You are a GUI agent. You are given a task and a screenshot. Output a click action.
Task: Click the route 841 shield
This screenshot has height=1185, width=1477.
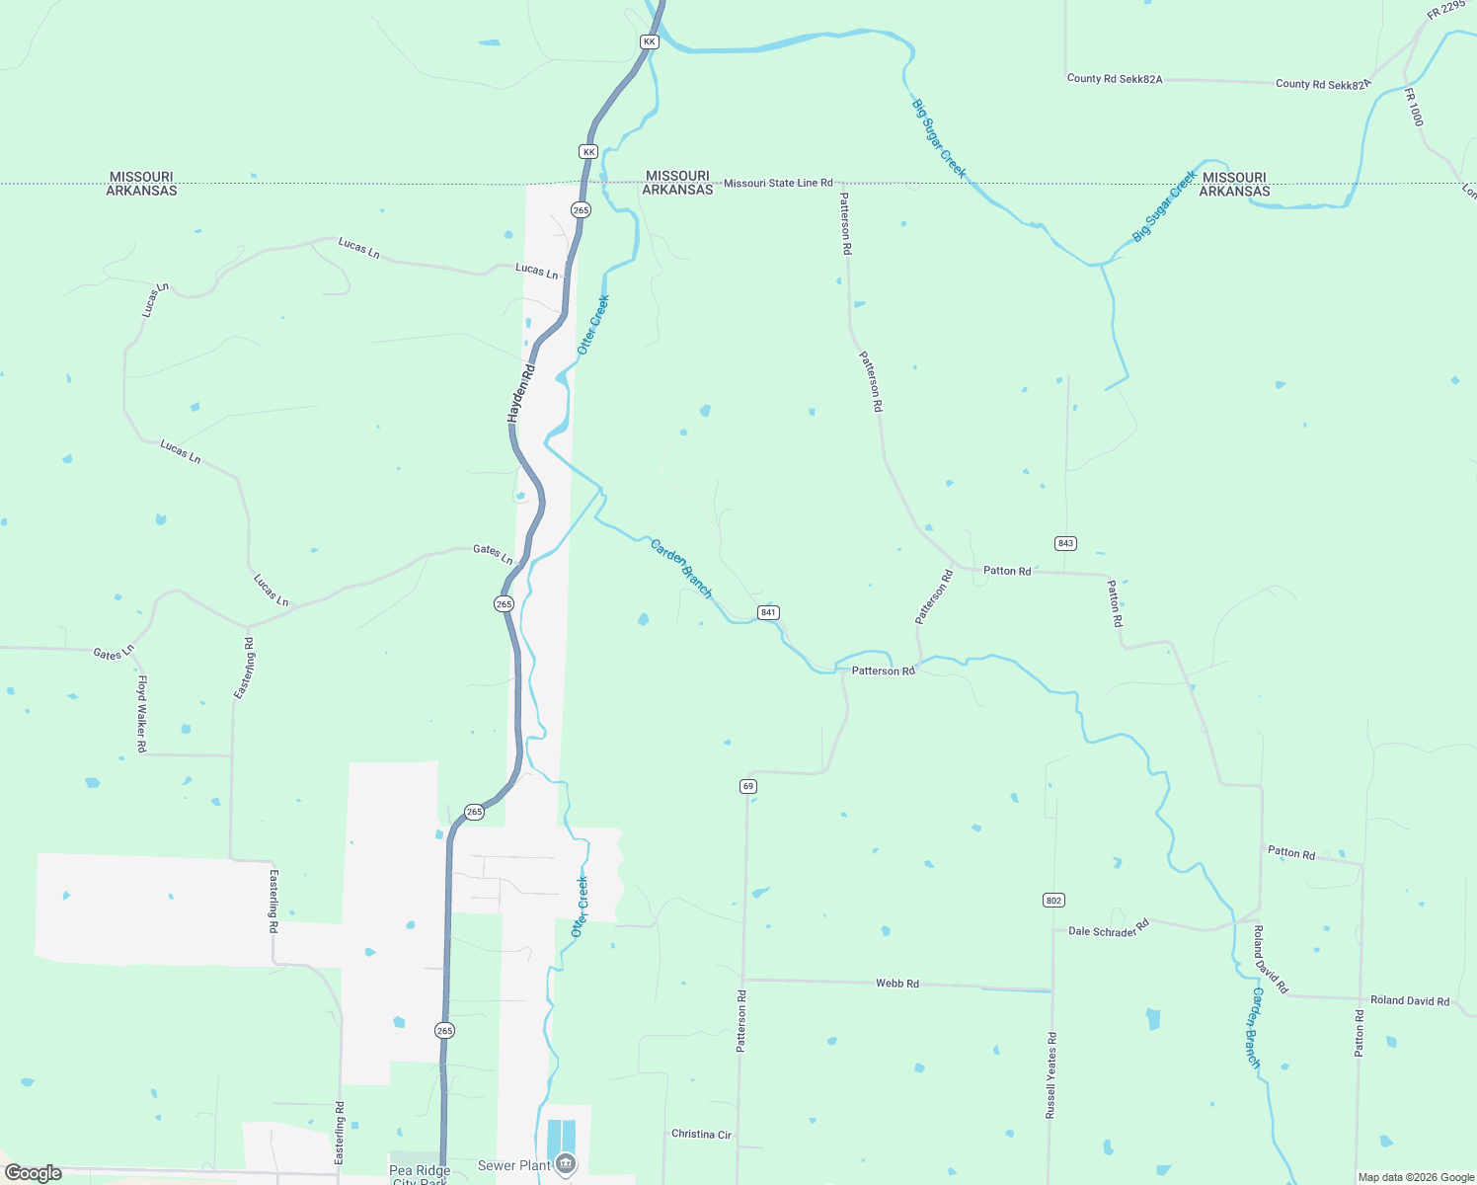click(769, 613)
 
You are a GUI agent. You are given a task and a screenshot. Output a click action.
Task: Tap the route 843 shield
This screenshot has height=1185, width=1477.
click(1065, 544)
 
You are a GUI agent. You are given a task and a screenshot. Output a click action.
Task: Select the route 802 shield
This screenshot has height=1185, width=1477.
click(1053, 901)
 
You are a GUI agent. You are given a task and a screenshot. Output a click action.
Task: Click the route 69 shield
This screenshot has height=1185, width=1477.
click(748, 786)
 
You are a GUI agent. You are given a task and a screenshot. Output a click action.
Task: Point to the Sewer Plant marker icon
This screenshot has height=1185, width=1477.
click(566, 1164)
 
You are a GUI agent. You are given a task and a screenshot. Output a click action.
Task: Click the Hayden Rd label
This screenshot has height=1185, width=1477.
click(521, 394)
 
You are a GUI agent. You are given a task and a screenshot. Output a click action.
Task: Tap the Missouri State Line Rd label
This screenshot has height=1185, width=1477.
click(778, 184)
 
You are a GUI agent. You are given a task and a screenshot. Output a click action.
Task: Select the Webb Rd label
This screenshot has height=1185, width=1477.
click(896, 984)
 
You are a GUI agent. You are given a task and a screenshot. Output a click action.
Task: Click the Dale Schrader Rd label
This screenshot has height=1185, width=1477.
click(1109, 929)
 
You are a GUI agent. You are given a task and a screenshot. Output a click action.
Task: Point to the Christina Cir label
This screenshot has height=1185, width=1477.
click(701, 1135)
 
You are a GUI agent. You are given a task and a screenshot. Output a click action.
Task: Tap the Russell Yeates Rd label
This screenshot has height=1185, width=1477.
click(1051, 1075)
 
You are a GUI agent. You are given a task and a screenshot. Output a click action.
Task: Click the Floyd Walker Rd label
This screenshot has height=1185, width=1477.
click(141, 714)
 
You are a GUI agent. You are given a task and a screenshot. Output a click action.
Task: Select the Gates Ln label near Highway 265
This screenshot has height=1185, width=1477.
click(493, 553)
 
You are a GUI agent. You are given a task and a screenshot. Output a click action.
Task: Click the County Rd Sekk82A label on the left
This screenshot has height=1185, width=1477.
click(1114, 79)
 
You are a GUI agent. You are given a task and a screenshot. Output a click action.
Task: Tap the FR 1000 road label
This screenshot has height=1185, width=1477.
click(1415, 107)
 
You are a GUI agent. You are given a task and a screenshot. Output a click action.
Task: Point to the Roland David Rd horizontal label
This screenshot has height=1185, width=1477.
click(1410, 1001)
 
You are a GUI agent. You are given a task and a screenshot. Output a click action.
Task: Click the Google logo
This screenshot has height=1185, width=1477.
click(34, 1173)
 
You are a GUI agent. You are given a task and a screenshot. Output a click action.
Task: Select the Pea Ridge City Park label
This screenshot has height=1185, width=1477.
click(420, 1175)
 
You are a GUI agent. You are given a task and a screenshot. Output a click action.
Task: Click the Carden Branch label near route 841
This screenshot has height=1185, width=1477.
click(680, 568)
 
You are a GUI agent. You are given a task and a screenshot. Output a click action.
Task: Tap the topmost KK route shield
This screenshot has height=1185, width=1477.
click(649, 41)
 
